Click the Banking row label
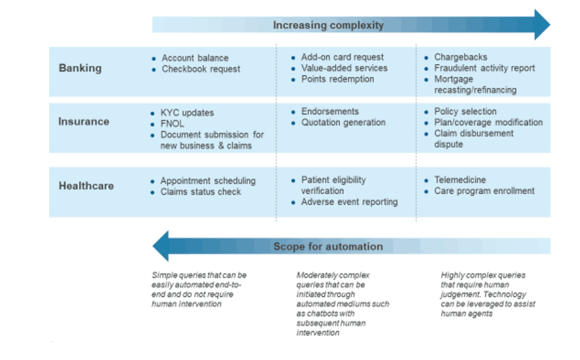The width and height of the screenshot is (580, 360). pos(80,68)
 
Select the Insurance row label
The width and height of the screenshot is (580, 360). pos(84,121)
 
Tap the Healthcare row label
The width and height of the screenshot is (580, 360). pos(86,186)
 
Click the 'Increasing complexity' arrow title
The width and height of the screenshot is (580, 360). pos(329,25)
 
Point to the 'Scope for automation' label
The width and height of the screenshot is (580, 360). pos(328,246)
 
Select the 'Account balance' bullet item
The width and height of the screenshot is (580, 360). pos(195,58)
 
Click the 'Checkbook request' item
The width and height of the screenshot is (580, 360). pos(201,68)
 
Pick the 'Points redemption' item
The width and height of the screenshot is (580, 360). pos(338,79)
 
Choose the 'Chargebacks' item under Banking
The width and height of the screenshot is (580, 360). pos(460,57)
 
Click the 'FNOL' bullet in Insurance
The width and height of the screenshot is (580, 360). pos(173,123)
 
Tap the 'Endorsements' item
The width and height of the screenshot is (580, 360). pos(330,112)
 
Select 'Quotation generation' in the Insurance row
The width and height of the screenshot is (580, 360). pos(343,122)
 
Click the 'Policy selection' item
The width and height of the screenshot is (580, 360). pos(465,112)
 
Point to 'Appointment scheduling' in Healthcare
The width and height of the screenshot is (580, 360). pos(208,181)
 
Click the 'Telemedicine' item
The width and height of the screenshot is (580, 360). pos(460,180)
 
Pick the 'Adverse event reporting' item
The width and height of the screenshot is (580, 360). pos(349,202)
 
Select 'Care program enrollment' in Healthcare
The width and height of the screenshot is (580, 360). pos(484,191)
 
